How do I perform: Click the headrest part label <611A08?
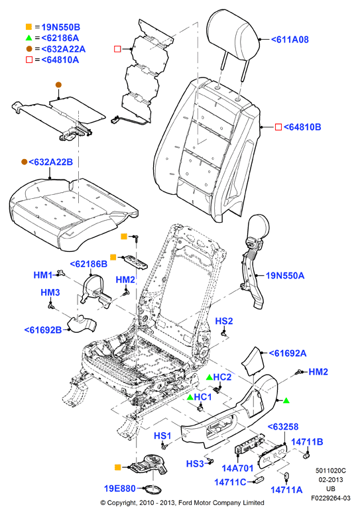click(x=290, y=40)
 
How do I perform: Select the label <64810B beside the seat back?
click(x=302, y=127)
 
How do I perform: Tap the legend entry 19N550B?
click(x=60, y=27)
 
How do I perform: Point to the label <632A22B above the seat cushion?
click(x=50, y=162)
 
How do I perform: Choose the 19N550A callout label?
click(x=285, y=275)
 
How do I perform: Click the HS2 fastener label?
click(x=224, y=321)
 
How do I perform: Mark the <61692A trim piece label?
click(x=288, y=353)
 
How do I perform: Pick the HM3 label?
click(x=50, y=292)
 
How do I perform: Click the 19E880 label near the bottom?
click(x=120, y=488)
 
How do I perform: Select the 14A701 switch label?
click(x=237, y=468)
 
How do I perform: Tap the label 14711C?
click(x=230, y=482)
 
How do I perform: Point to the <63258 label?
click(x=283, y=427)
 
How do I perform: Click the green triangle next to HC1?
click(x=190, y=397)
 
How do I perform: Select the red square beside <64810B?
click(x=278, y=127)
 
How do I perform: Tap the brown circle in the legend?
click(x=29, y=49)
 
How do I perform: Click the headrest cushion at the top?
click(x=233, y=34)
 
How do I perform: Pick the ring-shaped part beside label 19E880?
click(x=152, y=489)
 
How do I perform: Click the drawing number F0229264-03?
click(x=331, y=498)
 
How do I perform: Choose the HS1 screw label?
click(x=162, y=436)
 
